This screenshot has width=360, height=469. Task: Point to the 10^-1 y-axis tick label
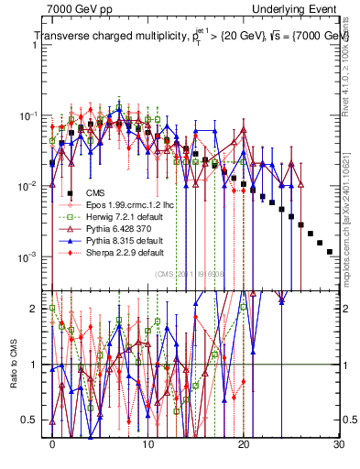click(x=33, y=116)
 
